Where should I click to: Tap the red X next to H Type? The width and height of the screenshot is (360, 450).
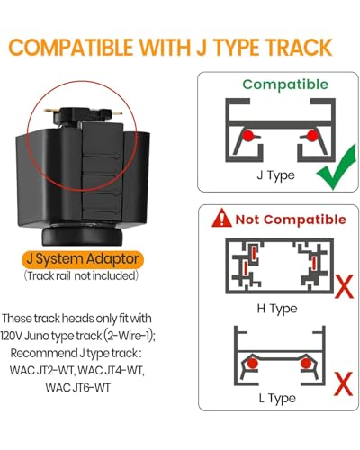(345, 286)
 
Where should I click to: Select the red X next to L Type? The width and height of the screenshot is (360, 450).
(343, 384)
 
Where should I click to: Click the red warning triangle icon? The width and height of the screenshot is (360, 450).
(221, 218)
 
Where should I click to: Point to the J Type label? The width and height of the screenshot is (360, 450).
(275, 175)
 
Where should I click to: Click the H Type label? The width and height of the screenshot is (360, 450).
(277, 309)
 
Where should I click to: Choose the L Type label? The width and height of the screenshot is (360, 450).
(277, 399)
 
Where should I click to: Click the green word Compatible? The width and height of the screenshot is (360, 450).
(285, 85)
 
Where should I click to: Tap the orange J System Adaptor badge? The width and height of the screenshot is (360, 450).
(83, 259)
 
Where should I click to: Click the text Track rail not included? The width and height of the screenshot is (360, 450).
(81, 275)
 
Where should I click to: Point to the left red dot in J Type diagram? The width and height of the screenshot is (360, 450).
(247, 136)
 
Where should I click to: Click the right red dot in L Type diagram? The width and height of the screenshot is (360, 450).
(306, 364)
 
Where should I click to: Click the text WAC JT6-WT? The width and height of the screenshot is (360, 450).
(78, 387)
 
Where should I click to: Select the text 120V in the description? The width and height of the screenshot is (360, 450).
(11, 336)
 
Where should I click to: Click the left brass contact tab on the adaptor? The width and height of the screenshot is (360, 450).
(49, 111)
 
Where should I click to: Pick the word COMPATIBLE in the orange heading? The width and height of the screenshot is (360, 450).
(70, 47)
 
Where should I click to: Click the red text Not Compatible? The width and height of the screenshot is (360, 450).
(291, 220)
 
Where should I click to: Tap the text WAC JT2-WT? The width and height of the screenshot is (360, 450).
(41, 370)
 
